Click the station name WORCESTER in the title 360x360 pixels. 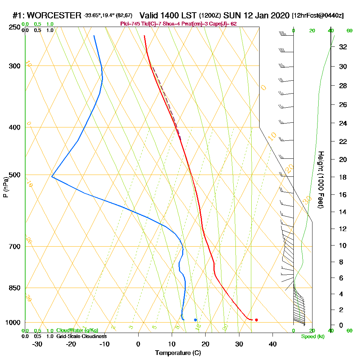click(54, 15)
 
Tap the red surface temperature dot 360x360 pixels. click(256, 320)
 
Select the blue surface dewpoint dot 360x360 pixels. click(195, 320)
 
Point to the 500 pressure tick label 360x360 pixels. click(14, 175)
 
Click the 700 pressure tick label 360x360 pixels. click(14, 247)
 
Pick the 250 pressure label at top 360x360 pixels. click(14, 27)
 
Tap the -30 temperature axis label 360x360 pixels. click(37, 344)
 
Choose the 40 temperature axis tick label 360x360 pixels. click(273, 344)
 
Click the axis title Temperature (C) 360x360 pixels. click(178, 353)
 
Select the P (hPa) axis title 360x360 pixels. click(5, 187)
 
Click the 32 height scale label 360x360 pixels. click(343, 47)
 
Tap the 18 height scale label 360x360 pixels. click(343, 177)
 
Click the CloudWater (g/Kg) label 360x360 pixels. click(77, 330)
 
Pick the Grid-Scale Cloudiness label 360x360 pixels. click(81, 336)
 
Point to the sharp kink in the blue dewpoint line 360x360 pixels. click(52, 177)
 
